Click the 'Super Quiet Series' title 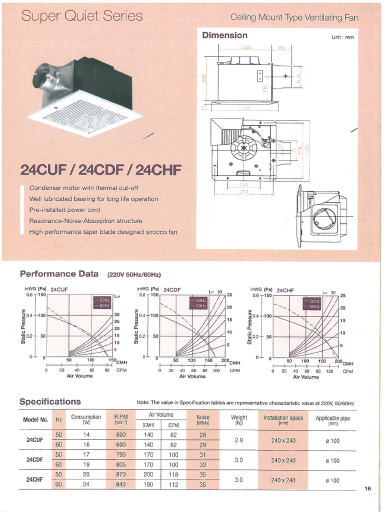click(x=82, y=16)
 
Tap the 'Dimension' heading click(x=224, y=35)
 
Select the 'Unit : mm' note click(x=342, y=37)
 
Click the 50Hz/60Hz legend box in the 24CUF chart click(x=101, y=302)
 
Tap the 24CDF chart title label click(x=172, y=289)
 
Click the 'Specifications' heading click(x=50, y=401)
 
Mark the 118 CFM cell click(x=173, y=474)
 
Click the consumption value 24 click(x=86, y=484)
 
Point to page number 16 click(x=367, y=488)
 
